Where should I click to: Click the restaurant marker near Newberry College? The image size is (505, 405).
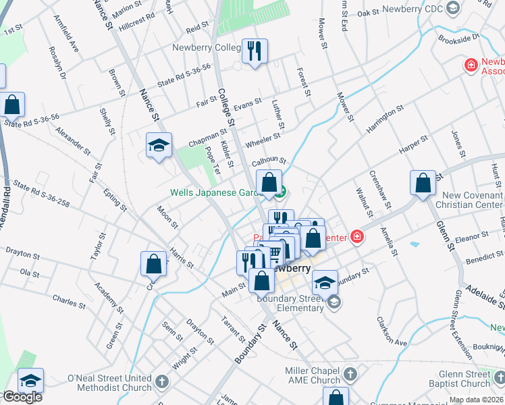255,51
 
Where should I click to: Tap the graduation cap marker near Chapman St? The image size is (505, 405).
159,145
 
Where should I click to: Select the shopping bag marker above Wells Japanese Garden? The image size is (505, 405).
269,182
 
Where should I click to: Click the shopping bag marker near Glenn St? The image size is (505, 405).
423,182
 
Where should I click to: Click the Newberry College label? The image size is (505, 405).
206,47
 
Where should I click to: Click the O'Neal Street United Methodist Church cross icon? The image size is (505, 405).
161,382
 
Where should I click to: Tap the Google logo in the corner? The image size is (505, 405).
22,397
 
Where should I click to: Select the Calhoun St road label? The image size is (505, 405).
269,161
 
